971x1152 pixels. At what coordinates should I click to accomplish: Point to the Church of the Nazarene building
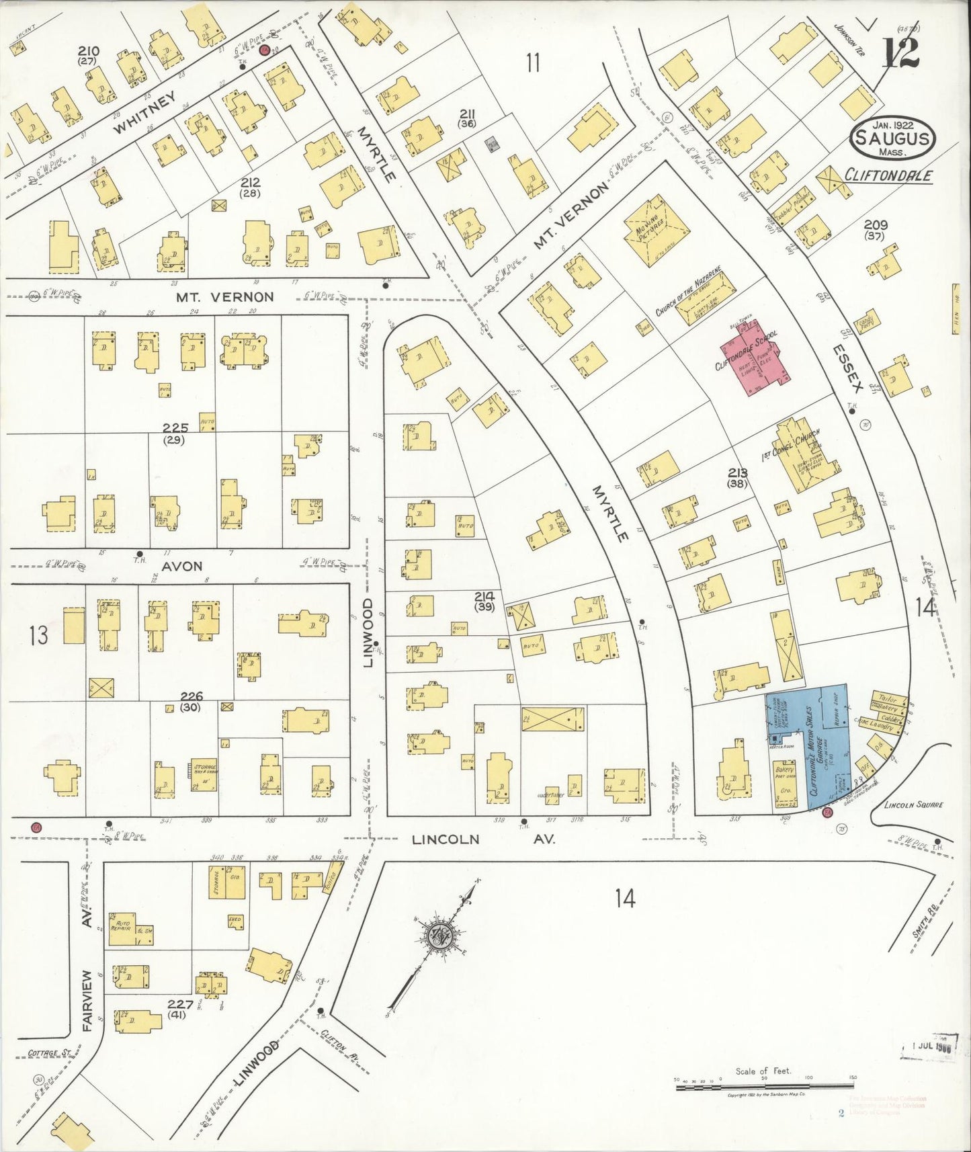(706, 306)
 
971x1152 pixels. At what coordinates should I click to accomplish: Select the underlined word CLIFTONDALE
(888, 175)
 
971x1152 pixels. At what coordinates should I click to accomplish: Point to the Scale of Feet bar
(764, 1082)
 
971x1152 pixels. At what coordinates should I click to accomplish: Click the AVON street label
(183, 566)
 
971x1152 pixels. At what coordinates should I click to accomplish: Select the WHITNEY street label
(145, 114)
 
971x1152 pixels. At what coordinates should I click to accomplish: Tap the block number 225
(173, 427)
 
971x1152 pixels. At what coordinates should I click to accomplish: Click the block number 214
(484, 595)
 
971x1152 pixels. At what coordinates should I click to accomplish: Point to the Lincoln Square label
(914, 804)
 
